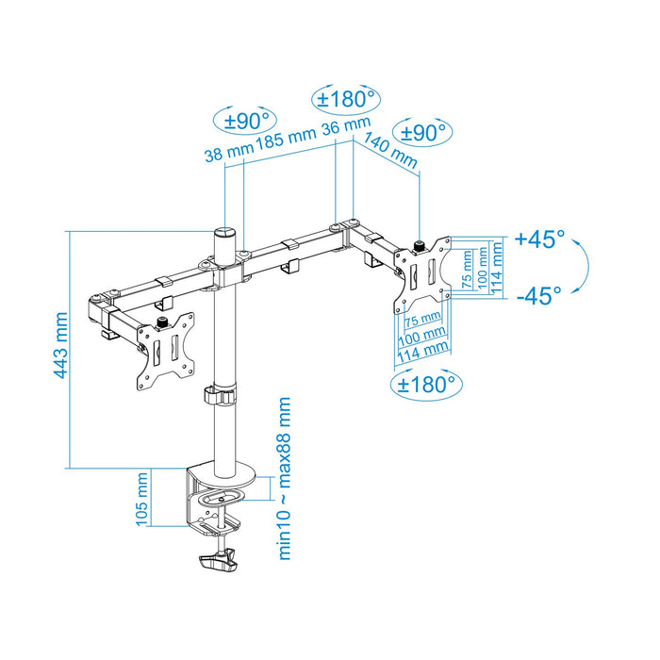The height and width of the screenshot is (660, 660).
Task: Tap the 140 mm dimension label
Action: pos(388,148)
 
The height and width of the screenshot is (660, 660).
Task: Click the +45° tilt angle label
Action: pos(540,239)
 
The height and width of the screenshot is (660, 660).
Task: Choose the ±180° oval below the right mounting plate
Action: pos(425,384)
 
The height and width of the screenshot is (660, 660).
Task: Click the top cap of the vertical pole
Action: pos(224,231)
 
